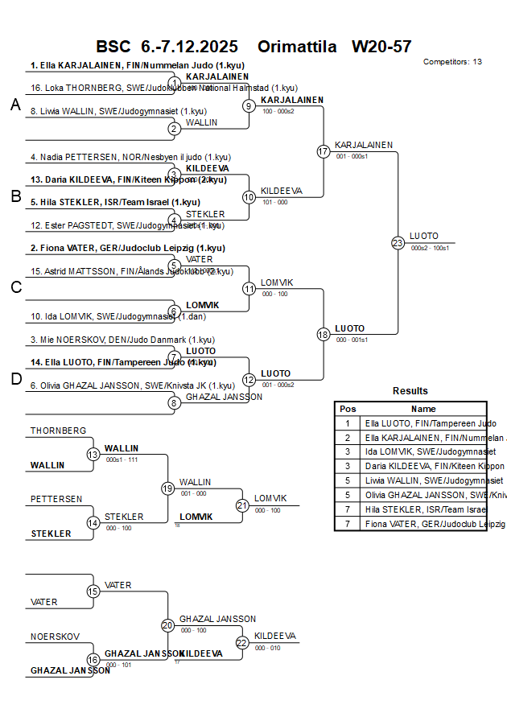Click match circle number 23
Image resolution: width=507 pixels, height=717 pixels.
pyautogui.click(x=398, y=242)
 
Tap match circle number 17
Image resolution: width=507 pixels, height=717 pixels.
pyautogui.click(x=324, y=151)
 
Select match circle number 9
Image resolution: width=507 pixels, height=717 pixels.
pyautogui.click(x=249, y=105)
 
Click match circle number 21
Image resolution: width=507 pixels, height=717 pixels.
pyautogui.click(x=242, y=505)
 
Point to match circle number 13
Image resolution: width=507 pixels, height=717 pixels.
pyautogui.click(x=93, y=455)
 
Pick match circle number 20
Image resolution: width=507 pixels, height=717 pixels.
pyautogui.click(x=167, y=625)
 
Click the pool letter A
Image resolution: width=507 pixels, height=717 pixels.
pyautogui.click(x=15, y=105)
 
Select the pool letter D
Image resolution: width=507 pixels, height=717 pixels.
pyautogui.click(x=15, y=379)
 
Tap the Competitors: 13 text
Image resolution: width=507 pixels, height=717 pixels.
pyautogui.click(x=452, y=61)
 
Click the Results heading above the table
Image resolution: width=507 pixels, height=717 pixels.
pyautogui.click(x=410, y=391)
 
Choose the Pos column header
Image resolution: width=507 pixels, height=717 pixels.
pyautogui.click(x=348, y=409)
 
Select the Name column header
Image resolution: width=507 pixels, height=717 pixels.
pyautogui.click(x=423, y=409)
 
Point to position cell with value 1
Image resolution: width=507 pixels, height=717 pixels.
pyautogui.click(x=348, y=422)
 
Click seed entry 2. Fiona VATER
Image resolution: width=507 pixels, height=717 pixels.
pyautogui.click(x=128, y=248)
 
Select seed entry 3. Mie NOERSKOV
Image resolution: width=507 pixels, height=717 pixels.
pyautogui.click(x=123, y=340)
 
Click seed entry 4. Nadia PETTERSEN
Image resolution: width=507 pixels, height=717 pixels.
pyautogui.click(x=130, y=157)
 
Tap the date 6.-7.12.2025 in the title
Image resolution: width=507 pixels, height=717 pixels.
pyautogui.click(x=183, y=47)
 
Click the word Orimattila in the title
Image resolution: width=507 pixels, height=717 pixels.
pyautogui.click(x=298, y=47)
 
